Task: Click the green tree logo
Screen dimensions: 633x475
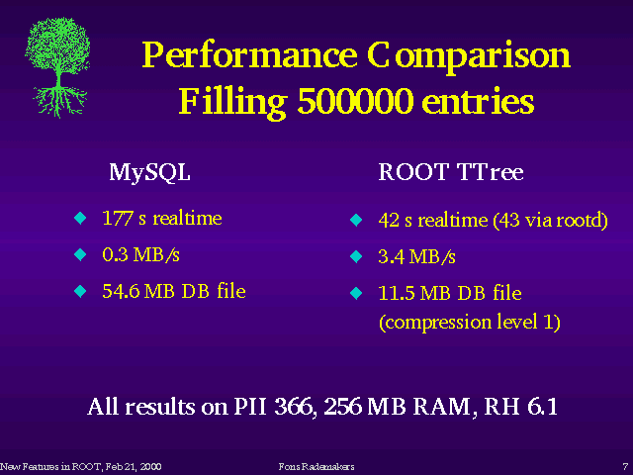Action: click(x=57, y=67)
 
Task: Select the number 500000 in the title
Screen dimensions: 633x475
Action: click(x=355, y=101)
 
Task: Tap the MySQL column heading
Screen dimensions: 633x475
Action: click(x=149, y=173)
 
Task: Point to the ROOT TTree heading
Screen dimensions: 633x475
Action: click(x=451, y=172)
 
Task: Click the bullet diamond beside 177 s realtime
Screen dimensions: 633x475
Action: click(x=80, y=218)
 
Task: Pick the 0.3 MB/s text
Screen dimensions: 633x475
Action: click(x=140, y=255)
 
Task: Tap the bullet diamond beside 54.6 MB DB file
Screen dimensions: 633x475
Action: click(x=80, y=291)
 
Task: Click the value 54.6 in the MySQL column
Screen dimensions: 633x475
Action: click(x=121, y=291)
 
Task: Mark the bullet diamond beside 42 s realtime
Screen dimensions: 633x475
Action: click(x=356, y=220)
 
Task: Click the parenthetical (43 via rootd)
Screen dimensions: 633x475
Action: click(x=551, y=221)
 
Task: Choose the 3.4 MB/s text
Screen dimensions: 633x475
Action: click(x=416, y=257)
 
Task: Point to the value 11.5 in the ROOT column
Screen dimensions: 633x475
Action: click(x=396, y=293)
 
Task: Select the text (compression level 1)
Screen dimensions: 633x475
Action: click(x=470, y=322)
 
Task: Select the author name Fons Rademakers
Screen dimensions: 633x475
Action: click(x=316, y=467)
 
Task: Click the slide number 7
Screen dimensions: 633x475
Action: click(x=625, y=467)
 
